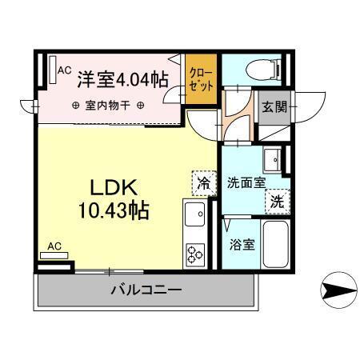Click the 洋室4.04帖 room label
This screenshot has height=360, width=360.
tap(122, 78)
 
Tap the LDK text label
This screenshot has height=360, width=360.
tap(114, 189)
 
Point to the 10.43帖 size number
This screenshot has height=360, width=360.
tap(114, 212)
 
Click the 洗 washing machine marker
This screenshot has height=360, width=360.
tap(276, 202)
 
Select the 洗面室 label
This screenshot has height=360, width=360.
tap(245, 182)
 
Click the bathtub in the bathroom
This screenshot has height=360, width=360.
tap(276, 244)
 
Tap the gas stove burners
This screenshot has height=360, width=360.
tap(194, 254)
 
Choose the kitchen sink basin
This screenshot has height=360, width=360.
tap(194, 214)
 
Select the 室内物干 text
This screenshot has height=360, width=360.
tap(108, 106)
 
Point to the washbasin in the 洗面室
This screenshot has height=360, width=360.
tap(272, 158)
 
